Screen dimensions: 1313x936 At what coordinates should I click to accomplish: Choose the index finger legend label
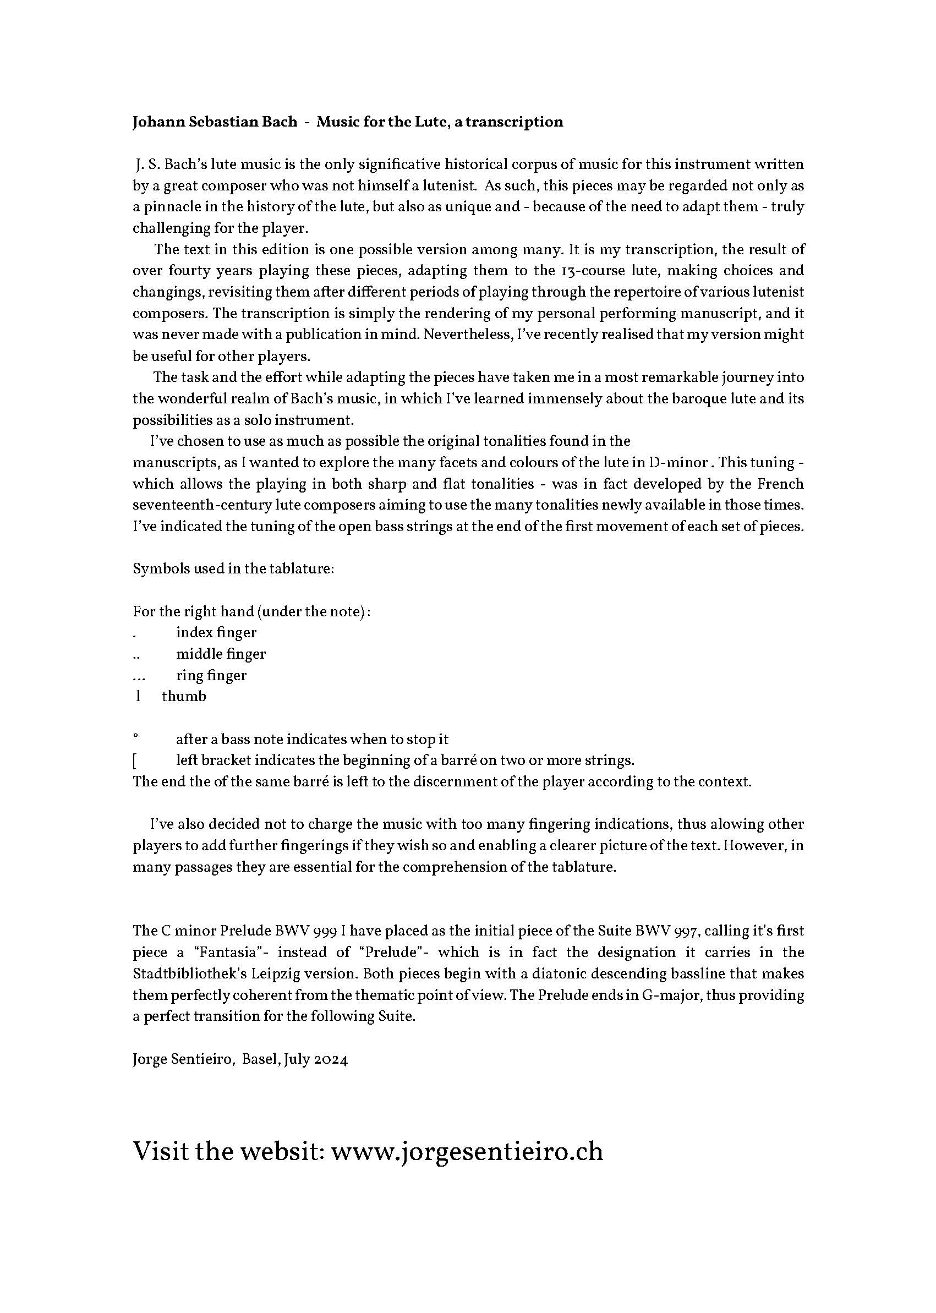216,633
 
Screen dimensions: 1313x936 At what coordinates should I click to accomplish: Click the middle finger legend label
221,654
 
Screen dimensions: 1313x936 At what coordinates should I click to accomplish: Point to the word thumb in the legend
184,697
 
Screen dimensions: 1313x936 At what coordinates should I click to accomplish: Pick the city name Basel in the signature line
260,1059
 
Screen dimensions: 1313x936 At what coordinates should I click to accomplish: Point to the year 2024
331,1059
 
